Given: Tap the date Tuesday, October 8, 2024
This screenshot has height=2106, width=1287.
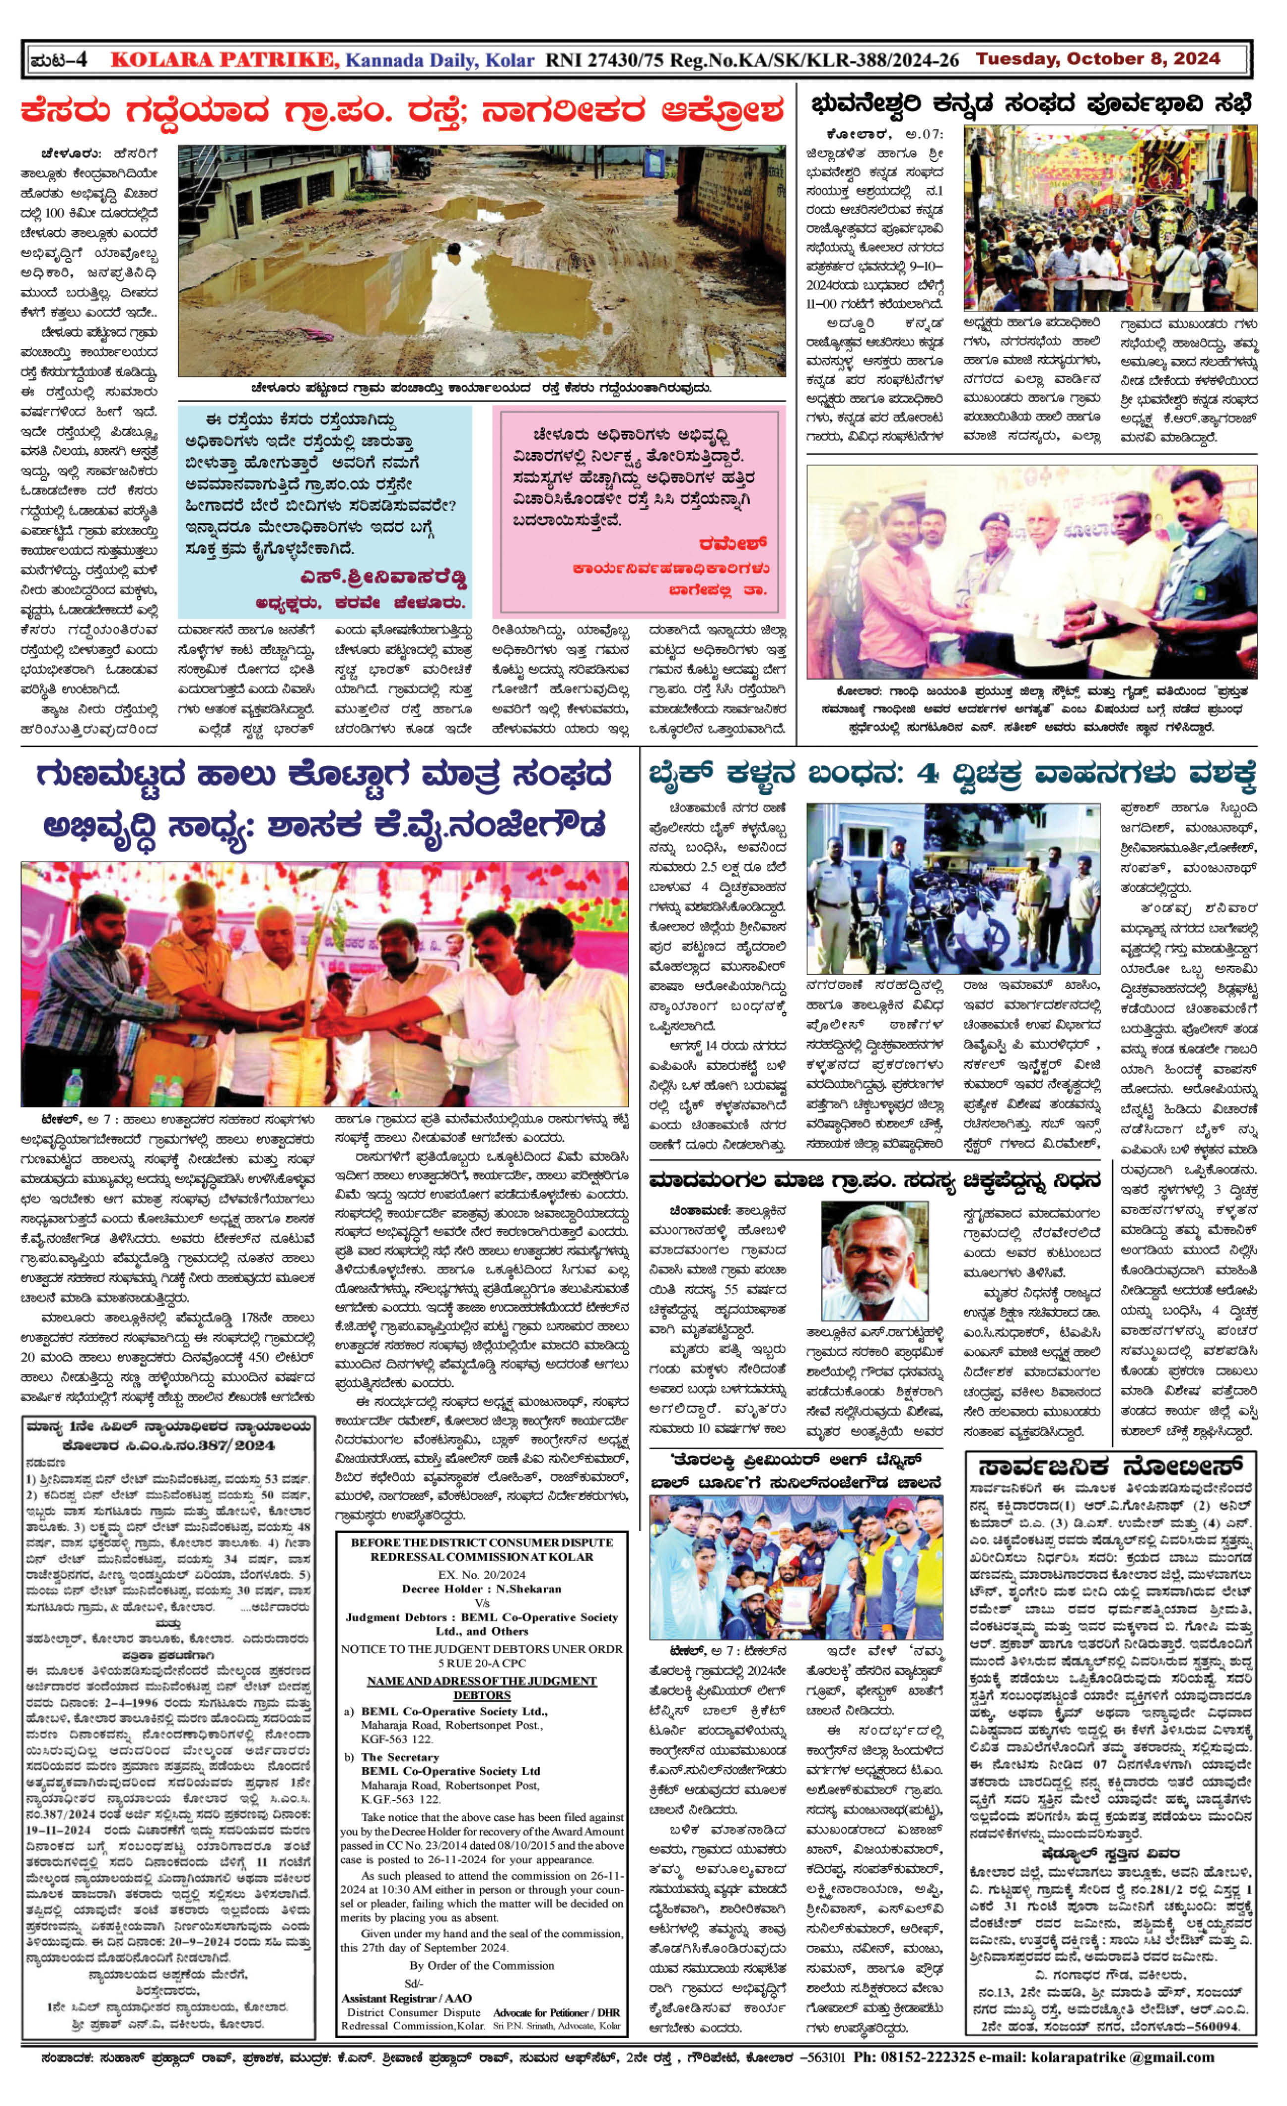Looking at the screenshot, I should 1098,59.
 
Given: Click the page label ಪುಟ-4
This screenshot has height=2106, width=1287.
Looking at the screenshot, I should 58,60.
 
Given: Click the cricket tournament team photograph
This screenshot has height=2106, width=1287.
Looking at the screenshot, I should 797,1568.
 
